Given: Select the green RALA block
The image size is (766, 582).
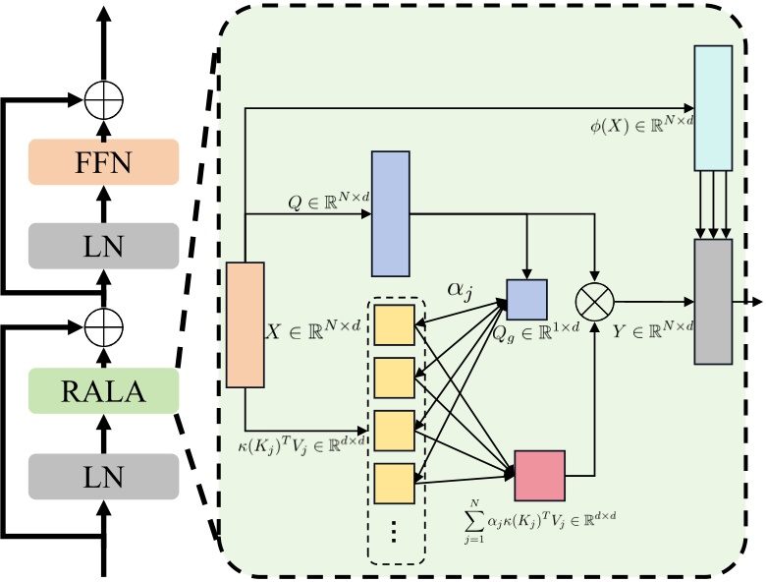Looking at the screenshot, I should point(103,391).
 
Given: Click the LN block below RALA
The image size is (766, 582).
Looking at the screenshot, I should point(103,478).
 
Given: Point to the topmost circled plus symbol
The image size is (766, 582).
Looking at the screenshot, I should point(102,98).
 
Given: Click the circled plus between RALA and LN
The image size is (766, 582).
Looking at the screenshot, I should point(102,321).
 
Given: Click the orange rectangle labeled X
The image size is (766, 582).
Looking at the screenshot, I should point(246,324).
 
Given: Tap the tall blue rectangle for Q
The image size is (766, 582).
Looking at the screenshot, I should point(390,213).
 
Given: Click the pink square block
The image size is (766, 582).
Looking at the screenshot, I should point(539,476).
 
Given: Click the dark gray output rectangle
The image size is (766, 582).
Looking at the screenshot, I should point(713,301).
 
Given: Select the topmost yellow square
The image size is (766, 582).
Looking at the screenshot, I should point(395,322).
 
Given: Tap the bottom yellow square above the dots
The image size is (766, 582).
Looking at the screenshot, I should point(395,481).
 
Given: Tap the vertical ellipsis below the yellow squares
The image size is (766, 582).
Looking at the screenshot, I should point(395,532).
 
